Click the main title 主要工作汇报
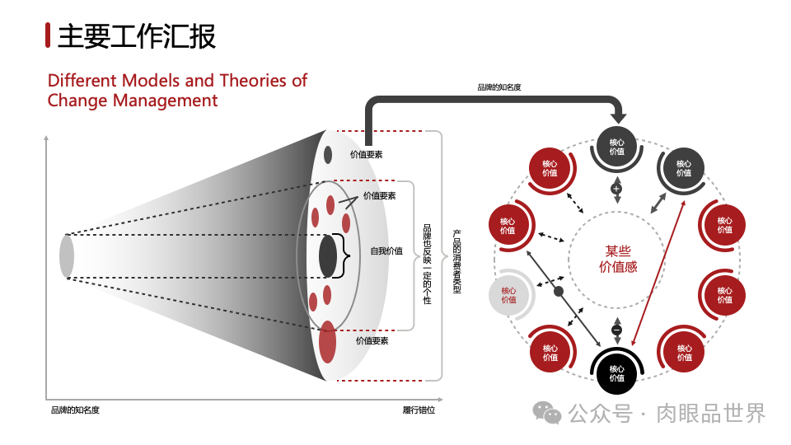coord(137,35)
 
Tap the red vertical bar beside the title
coord(49,35)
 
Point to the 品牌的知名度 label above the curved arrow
coord(499,87)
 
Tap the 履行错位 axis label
coord(419,410)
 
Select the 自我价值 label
coord(386,251)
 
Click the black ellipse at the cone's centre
coord(328,256)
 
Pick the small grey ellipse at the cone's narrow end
coord(67,255)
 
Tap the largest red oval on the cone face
coord(328,342)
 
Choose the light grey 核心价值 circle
coord(508,295)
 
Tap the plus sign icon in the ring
coord(616,189)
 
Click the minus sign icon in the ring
coord(617,330)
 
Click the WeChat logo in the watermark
coord(545,412)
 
